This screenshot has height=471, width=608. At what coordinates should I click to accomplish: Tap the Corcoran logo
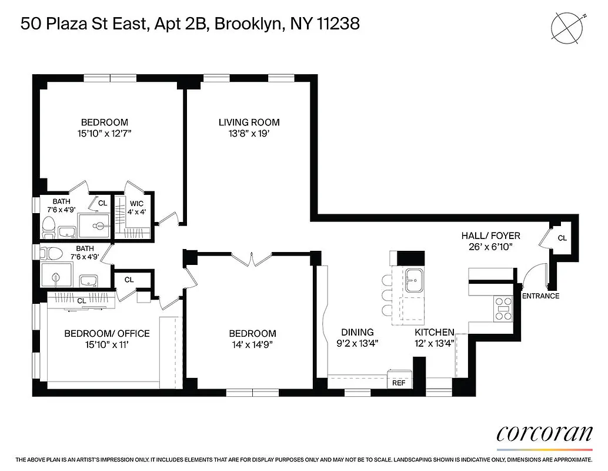(x=544, y=433)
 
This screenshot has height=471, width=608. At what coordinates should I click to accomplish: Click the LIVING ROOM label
(x=249, y=122)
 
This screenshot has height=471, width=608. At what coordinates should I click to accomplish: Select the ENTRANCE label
(x=540, y=296)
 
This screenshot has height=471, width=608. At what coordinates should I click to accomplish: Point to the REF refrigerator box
(x=399, y=383)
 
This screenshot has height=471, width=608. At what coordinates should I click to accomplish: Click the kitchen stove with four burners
(x=504, y=308)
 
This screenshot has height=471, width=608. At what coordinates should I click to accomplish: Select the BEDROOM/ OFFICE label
(x=106, y=333)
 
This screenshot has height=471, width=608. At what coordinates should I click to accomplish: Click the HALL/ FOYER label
(x=490, y=236)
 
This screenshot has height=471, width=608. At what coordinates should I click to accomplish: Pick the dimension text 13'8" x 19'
(x=249, y=134)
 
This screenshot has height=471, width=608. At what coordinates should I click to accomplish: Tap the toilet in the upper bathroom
(x=48, y=225)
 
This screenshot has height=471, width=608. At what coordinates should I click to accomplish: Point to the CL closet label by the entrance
(x=562, y=238)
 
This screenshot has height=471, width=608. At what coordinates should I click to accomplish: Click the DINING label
(x=357, y=332)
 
